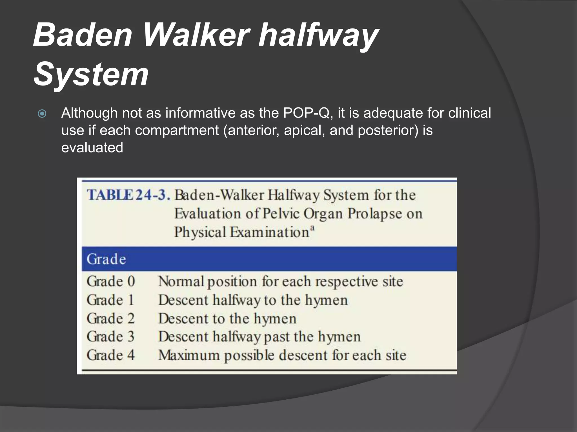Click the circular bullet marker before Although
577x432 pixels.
coord(42,114)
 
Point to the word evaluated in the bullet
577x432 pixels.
coord(92,148)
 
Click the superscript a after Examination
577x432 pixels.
coord(312,228)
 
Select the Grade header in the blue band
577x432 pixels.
coord(106,259)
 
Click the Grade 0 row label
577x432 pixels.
coord(111,281)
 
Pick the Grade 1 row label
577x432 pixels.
coord(110,300)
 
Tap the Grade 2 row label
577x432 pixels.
coord(111,318)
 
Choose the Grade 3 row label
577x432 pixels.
coord(111,337)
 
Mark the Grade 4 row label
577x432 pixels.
coord(111,355)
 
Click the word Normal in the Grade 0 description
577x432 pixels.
coord(181,281)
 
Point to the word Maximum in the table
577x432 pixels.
coord(189,355)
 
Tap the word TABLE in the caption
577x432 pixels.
coord(110,195)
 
